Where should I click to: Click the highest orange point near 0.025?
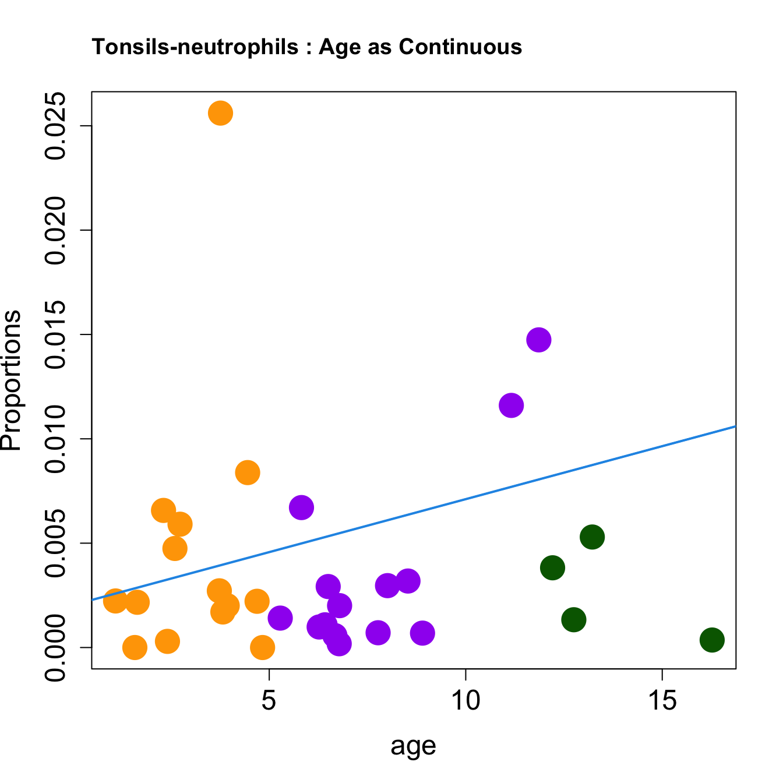220,113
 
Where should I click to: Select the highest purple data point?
539,340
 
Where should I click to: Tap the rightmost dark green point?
712,640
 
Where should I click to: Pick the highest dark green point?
592,537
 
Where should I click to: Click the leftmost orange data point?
115,600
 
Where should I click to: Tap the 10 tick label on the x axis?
465,701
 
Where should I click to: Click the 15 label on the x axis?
662,701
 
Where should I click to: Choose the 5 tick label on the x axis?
269,701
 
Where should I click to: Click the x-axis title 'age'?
413,745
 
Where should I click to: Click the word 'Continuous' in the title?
460,47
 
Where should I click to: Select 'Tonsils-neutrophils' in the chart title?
195,47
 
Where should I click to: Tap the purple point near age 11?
511,405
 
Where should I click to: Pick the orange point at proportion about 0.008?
248,472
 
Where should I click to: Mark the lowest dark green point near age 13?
574,619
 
